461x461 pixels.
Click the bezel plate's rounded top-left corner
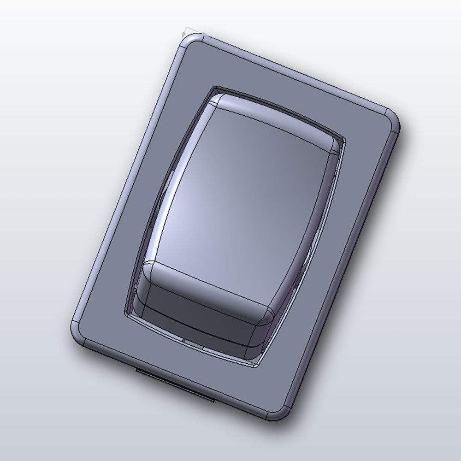pos(187,39)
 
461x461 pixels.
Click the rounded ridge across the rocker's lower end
pos(207,281)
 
